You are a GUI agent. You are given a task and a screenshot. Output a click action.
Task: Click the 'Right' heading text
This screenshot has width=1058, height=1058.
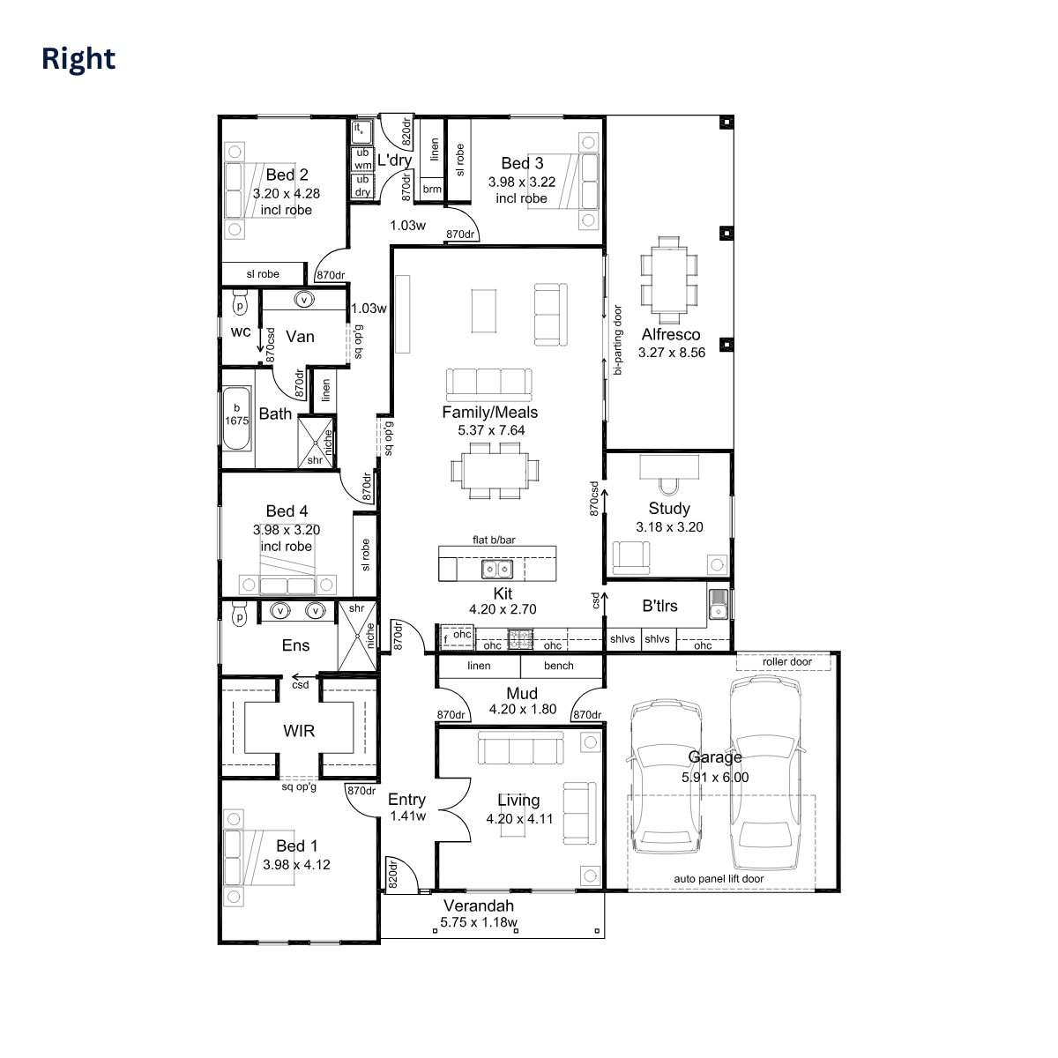coord(78,59)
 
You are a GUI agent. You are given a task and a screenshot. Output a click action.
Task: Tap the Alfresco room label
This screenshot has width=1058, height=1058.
coord(670,334)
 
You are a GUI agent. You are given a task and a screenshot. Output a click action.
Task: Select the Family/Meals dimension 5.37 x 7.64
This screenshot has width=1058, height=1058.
coord(491,430)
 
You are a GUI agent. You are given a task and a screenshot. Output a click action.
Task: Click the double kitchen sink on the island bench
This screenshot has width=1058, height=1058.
coord(497,569)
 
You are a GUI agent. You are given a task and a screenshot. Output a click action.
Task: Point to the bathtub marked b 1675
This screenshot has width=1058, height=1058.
coord(236,418)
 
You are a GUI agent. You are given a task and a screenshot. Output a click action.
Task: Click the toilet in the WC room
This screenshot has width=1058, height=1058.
coord(240,302)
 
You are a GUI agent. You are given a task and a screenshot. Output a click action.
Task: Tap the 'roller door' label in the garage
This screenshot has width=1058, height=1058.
coord(786,661)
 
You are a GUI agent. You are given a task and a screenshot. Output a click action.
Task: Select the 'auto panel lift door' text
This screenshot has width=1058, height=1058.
coord(719,878)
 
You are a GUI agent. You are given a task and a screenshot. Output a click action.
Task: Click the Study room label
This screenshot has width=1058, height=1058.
coord(668,509)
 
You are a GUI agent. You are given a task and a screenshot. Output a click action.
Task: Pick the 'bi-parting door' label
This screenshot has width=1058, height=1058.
coord(618,339)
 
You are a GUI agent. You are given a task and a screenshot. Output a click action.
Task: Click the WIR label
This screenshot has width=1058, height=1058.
coord(299,731)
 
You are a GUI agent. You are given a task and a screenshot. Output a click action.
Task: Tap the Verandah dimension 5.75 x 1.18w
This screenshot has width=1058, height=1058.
coord(479,922)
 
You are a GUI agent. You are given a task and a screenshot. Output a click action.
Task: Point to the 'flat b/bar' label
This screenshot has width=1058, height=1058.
coord(494,540)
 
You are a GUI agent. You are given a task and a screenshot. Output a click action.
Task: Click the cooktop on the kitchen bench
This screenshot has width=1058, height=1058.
coord(520,639)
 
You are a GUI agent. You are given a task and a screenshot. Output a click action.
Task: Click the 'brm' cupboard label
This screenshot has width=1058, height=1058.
coord(432,189)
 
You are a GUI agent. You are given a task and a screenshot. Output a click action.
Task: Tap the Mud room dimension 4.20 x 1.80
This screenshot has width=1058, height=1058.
coord(523,709)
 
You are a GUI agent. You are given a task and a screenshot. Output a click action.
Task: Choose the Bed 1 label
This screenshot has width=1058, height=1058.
coord(296,846)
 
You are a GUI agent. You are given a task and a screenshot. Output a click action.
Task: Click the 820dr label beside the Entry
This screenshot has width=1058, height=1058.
coord(392,875)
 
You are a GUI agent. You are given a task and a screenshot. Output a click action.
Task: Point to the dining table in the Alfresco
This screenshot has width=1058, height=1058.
coord(668,280)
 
